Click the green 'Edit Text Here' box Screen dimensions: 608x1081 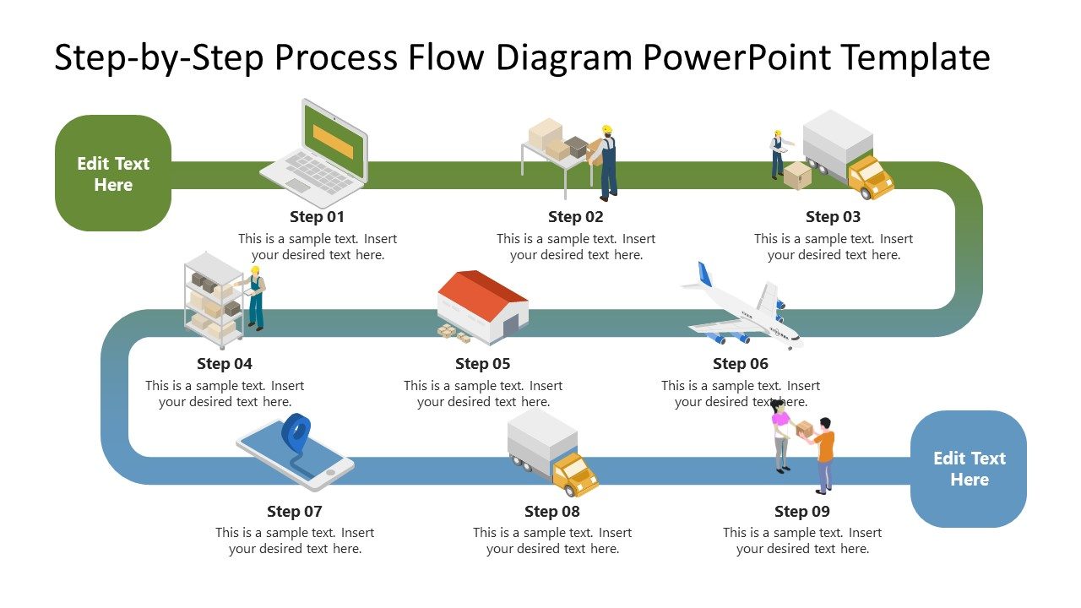(113, 174)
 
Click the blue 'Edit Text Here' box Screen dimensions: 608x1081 (969, 469)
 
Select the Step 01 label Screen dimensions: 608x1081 (317, 217)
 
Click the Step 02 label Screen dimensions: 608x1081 (575, 217)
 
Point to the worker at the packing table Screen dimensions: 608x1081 (606, 162)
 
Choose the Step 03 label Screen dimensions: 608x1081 (833, 217)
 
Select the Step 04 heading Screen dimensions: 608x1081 (225, 364)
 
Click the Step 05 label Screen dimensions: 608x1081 (482, 364)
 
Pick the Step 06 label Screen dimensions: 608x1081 (741, 364)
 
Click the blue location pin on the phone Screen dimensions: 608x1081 (296, 432)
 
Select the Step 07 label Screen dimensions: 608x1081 (295, 511)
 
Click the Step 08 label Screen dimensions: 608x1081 (552, 511)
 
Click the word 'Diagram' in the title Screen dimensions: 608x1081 (563, 57)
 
